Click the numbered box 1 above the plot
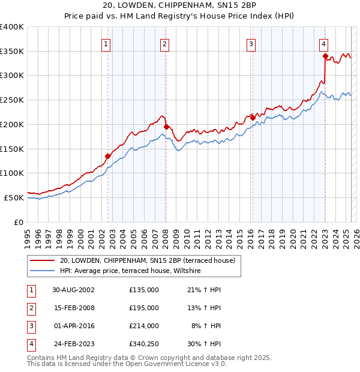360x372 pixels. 106,43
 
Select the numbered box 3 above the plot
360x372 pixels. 250,43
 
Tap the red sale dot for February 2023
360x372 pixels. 325,56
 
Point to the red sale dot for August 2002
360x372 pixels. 108,156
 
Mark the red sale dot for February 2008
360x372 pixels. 166,127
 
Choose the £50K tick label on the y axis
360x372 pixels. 14,197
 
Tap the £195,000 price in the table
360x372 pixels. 144,308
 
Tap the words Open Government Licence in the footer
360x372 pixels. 175,364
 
